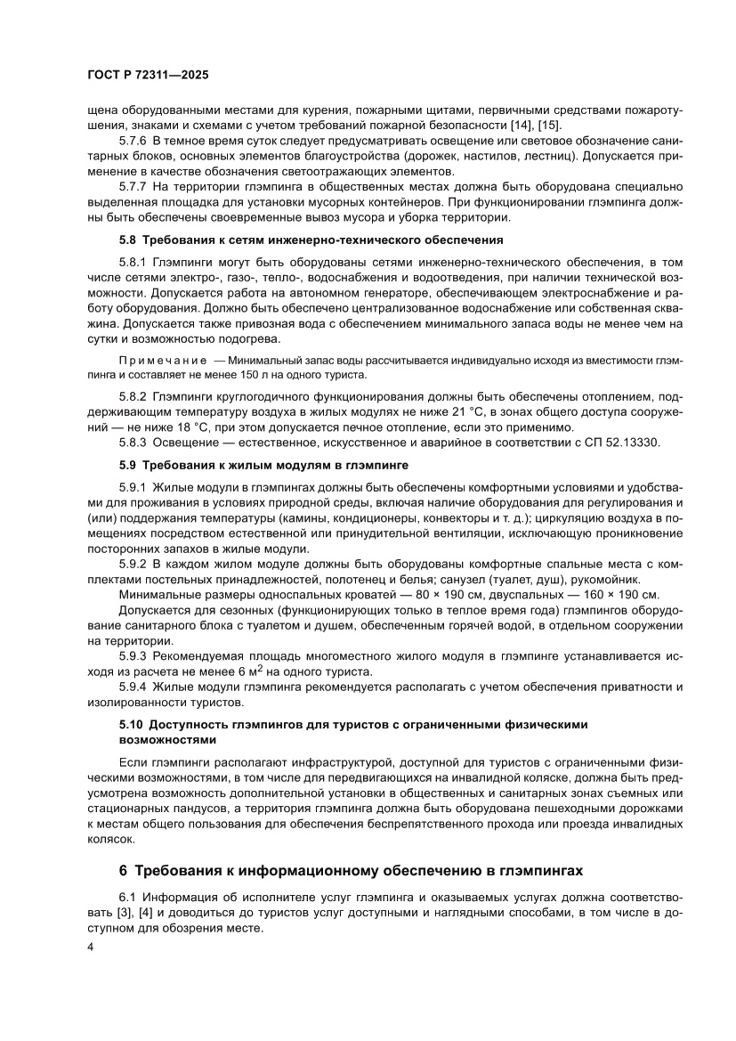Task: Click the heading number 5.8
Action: (130, 240)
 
